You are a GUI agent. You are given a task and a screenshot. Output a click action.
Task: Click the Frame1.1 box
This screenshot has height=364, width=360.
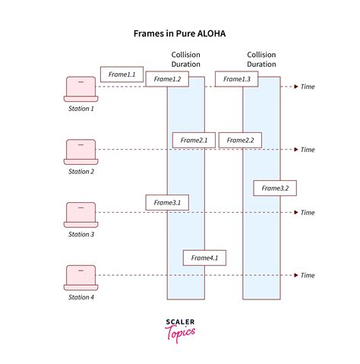tap(122, 74)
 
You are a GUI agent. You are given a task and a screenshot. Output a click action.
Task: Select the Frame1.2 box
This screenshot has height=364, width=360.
tap(167, 79)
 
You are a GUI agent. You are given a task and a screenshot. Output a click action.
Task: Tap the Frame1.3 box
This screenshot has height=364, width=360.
tap(237, 79)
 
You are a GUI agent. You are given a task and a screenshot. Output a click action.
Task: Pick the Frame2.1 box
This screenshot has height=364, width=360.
tap(194, 140)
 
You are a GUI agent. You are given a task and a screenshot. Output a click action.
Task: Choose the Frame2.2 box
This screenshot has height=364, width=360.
tap(240, 140)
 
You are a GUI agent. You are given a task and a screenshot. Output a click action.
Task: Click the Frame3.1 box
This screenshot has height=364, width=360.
tap(167, 203)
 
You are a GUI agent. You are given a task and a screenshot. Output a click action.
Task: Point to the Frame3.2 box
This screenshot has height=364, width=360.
tap(275, 188)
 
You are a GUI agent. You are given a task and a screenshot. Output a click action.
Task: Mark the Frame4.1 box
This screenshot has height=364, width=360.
tap(204, 258)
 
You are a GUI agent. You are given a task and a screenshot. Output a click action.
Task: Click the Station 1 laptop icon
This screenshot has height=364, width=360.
tap(81, 89)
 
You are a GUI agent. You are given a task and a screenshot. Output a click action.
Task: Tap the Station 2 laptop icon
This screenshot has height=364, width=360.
tap(81, 152)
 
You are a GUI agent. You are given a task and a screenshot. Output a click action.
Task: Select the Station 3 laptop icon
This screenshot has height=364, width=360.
tap(81, 215)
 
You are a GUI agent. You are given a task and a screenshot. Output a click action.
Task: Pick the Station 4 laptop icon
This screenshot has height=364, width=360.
tap(81, 277)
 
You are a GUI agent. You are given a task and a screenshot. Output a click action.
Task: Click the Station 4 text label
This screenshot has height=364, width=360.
tap(81, 297)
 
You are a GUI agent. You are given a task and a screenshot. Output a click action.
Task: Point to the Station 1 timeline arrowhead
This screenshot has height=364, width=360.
tap(296, 87)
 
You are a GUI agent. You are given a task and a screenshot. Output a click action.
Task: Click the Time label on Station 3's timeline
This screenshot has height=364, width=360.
tap(308, 213)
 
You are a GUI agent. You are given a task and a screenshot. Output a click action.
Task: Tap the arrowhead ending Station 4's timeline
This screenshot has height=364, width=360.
tap(296, 275)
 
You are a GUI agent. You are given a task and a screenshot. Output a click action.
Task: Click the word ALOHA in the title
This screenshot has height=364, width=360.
tap(211, 33)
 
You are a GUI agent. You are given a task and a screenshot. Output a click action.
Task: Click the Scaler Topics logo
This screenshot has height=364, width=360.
tap(180, 331)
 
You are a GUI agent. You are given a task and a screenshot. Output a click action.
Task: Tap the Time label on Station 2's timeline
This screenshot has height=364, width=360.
tap(308, 150)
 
